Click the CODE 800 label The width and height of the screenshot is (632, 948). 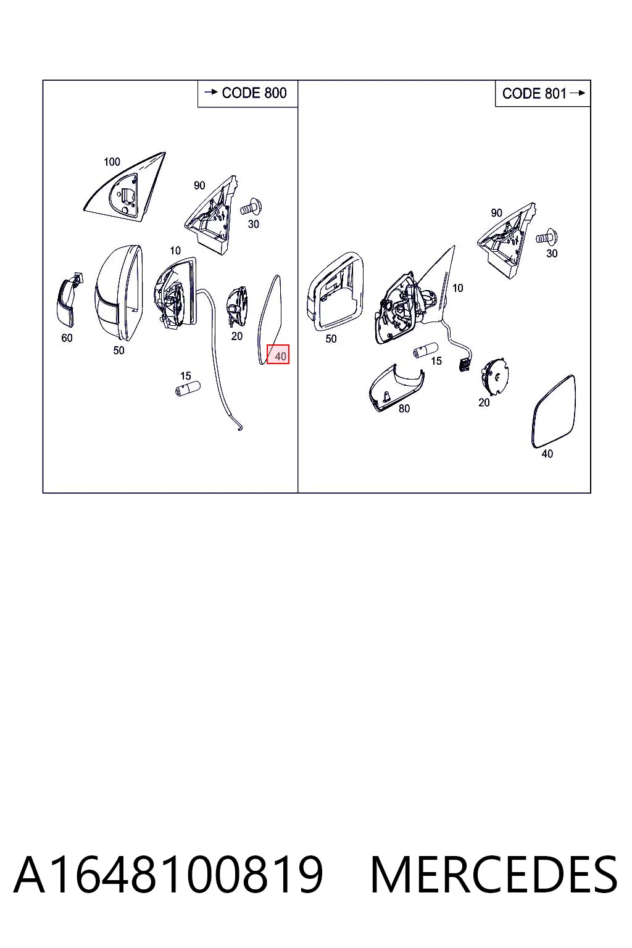(254, 93)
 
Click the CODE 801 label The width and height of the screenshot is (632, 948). (534, 94)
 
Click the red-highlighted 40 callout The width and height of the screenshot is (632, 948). (278, 354)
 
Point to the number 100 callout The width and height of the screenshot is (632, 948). (112, 162)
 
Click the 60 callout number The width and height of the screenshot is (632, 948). (67, 338)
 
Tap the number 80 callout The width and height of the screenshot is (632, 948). (404, 409)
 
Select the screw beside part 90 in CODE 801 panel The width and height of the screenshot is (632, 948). (546, 238)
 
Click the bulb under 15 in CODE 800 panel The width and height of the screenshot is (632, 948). (188, 388)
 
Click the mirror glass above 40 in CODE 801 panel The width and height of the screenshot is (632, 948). (553, 412)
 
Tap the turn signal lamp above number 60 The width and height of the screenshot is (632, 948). (67, 299)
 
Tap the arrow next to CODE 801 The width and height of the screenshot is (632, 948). (578, 93)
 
